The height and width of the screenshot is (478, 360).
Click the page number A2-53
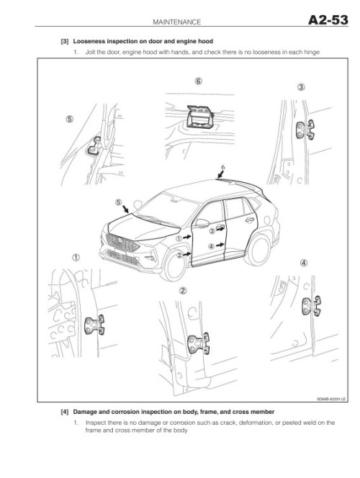click(328, 20)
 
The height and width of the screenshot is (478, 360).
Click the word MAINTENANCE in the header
click(177, 22)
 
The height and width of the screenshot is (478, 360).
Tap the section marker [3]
click(65, 41)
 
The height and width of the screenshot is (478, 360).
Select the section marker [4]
click(65, 412)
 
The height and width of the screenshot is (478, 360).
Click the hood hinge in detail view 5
click(94, 146)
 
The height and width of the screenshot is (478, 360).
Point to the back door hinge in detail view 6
click(200, 117)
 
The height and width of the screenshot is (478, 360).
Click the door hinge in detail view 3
click(305, 130)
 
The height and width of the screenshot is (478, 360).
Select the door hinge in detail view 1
click(94, 325)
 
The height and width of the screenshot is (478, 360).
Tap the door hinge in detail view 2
click(199, 343)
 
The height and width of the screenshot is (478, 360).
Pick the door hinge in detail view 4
click(312, 306)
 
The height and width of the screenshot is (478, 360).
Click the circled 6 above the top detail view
click(198, 81)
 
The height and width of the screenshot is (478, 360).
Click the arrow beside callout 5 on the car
click(125, 209)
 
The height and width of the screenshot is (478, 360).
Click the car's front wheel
click(174, 264)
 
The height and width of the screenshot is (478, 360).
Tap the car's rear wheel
click(258, 250)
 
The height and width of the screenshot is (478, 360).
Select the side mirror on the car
click(202, 223)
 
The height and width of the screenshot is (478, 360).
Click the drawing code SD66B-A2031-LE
click(331, 399)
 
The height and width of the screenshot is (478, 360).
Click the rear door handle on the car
click(250, 220)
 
